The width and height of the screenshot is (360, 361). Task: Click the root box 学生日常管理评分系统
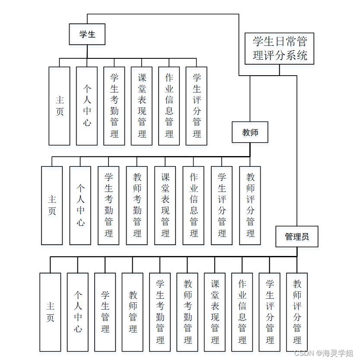[x=279, y=48]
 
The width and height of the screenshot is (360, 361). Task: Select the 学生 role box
[x=87, y=34]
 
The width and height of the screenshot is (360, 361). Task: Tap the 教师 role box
[x=250, y=132]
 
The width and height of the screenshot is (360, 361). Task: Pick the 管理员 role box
[x=297, y=236]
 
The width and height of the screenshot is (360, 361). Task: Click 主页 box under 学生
[x=59, y=106]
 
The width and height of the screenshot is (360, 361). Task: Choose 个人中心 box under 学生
[x=87, y=106]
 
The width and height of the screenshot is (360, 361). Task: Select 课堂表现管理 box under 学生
[x=142, y=106]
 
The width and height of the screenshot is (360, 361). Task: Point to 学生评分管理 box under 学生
[x=197, y=106]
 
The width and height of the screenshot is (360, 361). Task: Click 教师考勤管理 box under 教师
[x=137, y=205]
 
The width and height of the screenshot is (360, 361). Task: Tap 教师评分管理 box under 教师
[x=250, y=205]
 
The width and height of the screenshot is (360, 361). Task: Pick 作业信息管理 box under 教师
[x=194, y=205]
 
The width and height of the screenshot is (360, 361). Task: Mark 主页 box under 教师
[x=52, y=205]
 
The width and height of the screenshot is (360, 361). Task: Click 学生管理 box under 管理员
[x=105, y=312]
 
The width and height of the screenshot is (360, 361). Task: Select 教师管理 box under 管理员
[x=133, y=312]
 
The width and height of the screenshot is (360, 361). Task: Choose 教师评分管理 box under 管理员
[x=297, y=312]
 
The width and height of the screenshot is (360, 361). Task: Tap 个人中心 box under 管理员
[x=78, y=312]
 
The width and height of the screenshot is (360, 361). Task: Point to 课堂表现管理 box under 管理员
[x=215, y=312]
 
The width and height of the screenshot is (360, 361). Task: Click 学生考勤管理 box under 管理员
[x=160, y=312]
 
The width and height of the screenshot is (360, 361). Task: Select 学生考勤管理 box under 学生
[x=114, y=106]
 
